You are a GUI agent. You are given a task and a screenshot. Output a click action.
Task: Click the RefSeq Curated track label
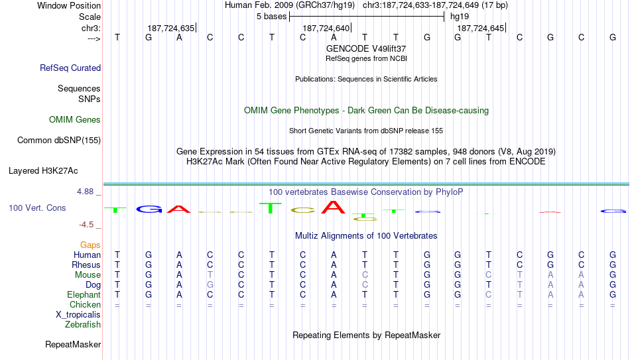click(x=70, y=68)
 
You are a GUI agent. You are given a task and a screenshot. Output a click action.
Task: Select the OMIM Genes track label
click(x=75, y=120)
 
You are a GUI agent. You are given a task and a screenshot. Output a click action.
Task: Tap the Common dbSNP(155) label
click(x=59, y=141)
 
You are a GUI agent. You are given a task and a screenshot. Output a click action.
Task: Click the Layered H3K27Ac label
click(x=43, y=171)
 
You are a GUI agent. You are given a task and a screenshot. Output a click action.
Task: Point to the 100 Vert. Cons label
click(x=37, y=208)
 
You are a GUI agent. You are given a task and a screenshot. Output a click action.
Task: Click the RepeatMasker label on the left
click(x=73, y=344)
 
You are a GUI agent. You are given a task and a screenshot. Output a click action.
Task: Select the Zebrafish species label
click(x=83, y=324)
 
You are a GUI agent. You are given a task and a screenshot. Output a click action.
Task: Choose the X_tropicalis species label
click(x=78, y=315)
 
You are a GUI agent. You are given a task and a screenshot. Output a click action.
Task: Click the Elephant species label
click(x=84, y=294)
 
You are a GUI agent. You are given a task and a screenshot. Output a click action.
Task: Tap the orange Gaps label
click(x=90, y=245)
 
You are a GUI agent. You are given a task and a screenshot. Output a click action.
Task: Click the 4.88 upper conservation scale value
click(x=85, y=192)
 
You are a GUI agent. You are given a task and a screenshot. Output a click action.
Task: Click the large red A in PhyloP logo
click(x=333, y=207)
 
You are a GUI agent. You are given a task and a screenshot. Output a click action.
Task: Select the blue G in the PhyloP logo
click(x=149, y=209)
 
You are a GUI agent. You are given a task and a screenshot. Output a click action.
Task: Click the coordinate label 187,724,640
click(x=326, y=28)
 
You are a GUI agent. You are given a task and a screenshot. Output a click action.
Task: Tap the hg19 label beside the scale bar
click(x=460, y=17)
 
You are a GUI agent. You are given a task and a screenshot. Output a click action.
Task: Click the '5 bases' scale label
click(x=272, y=17)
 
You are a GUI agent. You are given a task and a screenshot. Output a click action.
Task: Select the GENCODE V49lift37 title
click(x=366, y=48)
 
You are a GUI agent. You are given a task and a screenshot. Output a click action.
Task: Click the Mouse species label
click(x=88, y=275)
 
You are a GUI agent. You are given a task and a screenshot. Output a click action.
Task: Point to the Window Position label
click(x=69, y=5)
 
